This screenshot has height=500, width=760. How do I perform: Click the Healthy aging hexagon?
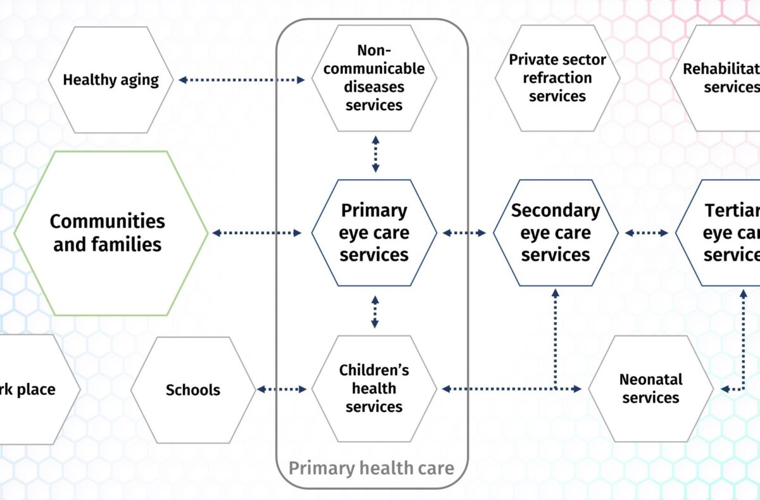[x=111, y=80]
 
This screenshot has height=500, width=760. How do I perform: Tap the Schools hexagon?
[x=193, y=389]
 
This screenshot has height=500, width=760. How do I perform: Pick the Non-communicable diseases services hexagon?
[x=374, y=78]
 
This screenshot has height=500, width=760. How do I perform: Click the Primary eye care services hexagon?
[x=374, y=233]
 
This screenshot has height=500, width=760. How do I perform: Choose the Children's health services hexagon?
[x=374, y=388]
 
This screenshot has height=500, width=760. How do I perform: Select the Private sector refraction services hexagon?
[x=557, y=78]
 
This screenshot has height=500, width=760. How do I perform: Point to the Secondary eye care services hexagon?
[x=555, y=233]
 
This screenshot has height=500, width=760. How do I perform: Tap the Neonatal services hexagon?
[x=650, y=389]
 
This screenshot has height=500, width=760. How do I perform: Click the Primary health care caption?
[x=372, y=468]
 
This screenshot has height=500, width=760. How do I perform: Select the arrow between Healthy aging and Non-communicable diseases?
[x=241, y=80]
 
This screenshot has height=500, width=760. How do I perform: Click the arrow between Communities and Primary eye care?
[x=256, y=233]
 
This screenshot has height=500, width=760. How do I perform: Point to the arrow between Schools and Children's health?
[x=282, y=389]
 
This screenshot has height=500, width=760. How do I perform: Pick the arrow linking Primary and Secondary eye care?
[x=464, y=233]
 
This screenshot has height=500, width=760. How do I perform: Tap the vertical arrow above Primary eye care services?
[x=376, y=153]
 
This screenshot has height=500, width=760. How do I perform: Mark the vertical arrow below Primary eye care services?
[x=375, y=311]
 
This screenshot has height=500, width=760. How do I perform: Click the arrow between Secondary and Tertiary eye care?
[x=647, y=233]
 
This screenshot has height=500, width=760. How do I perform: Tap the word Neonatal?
[x=650, y=380]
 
